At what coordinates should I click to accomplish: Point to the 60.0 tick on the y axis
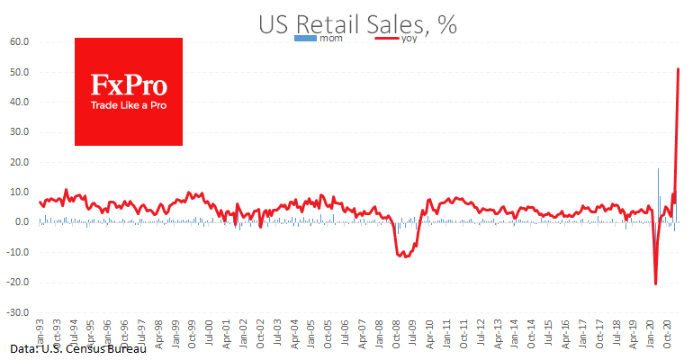[x=20, y=41]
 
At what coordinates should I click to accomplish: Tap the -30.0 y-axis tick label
[x=18, y=312]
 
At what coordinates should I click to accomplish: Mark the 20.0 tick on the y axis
[x=20, y=162]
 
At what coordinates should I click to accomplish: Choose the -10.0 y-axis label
[x=18, y=252]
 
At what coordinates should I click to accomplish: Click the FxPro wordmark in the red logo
[x=129, y=85]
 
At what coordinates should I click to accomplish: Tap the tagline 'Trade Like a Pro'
[x=129, y=106]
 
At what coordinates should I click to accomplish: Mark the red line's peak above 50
[x=678, y=69]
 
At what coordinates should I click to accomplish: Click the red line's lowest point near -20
[x=655, y=283]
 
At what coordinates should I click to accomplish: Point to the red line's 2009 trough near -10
[x=406, y=256]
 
